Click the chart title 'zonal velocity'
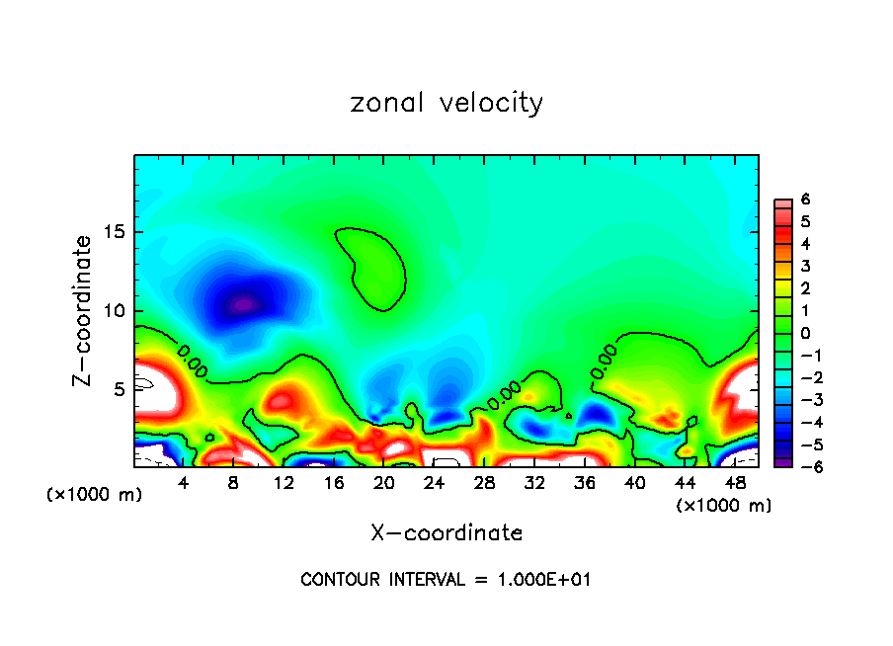pos(446,103)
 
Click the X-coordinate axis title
pos(446,533)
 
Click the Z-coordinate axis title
pos(84,310)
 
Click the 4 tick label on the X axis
pos(184,482)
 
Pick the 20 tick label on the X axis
pos(384,482)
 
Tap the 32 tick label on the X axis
pos(534,482)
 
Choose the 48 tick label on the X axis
pos(735,482)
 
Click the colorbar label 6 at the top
pos(805,200)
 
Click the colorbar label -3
pos(802,400)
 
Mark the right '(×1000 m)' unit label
pos(724,506)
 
